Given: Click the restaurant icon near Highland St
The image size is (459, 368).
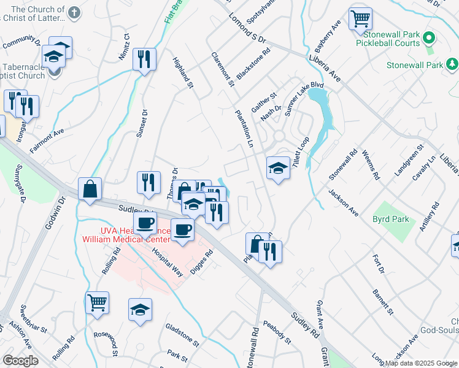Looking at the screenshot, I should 145,59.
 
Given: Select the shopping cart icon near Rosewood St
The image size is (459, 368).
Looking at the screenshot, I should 97,302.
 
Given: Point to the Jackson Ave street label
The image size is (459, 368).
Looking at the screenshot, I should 343,202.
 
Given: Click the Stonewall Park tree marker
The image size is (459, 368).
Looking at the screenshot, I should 452,64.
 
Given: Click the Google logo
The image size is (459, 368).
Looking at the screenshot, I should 20,361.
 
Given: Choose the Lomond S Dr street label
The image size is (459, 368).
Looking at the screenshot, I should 247,30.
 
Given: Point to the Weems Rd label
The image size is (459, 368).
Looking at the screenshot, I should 372,165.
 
